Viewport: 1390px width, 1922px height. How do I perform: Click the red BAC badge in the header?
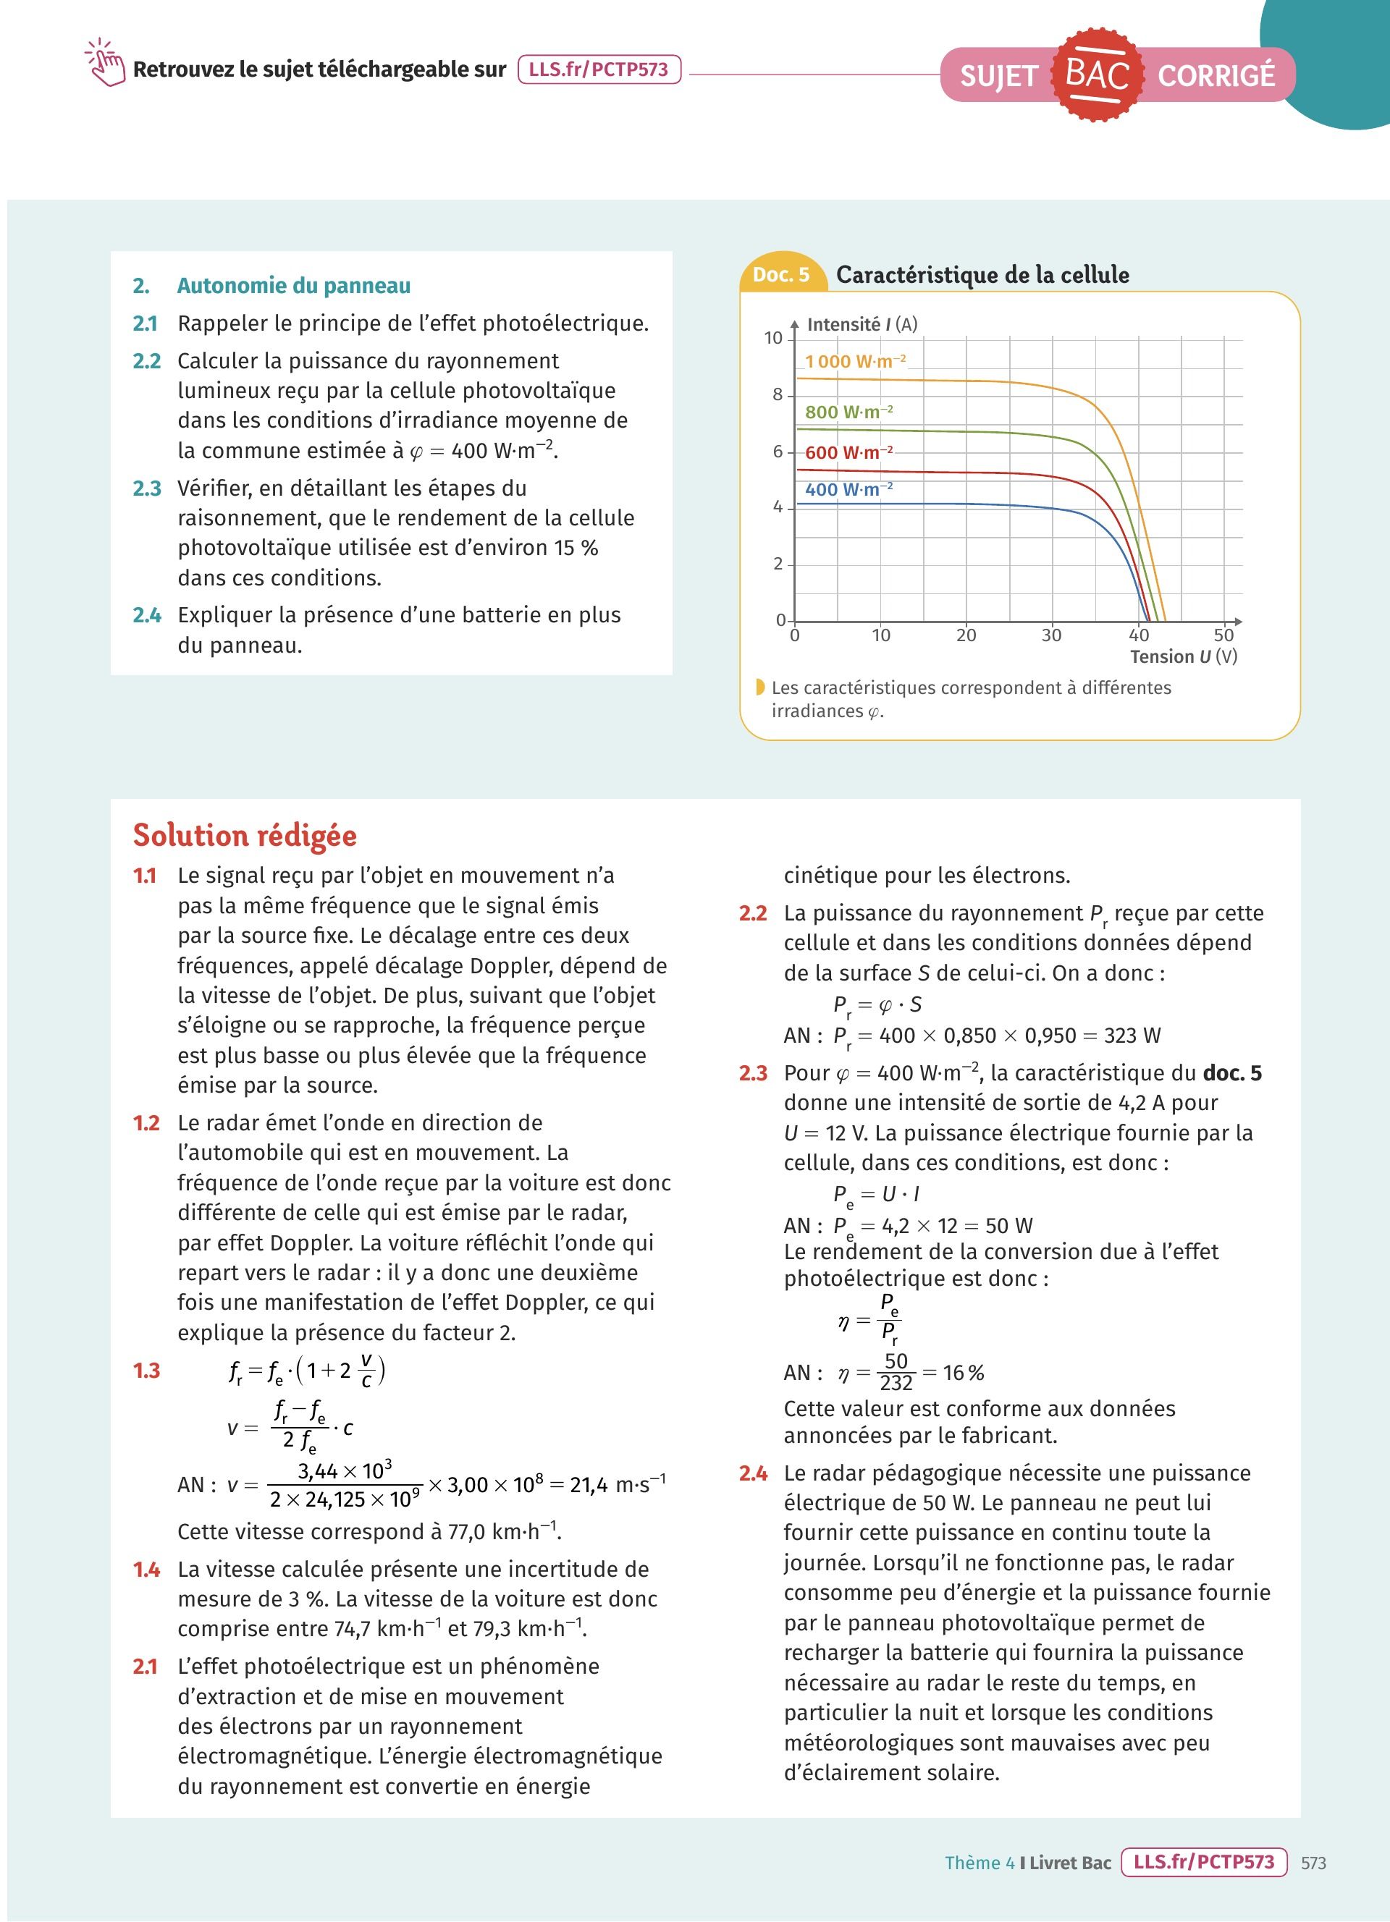1097,75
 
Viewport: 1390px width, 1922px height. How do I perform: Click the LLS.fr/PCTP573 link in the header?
599,69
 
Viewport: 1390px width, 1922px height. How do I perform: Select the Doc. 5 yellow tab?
780,274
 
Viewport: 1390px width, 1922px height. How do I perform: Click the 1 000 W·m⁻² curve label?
855,362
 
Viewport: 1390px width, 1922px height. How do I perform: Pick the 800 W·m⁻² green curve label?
848,412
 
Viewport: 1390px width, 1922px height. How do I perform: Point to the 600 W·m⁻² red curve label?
848,452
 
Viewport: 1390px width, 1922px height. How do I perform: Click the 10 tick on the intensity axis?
773,338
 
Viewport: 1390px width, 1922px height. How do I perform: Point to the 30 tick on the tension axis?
1051,635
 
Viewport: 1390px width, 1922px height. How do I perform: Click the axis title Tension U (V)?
1183,657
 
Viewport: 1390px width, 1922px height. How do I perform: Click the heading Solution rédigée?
245,836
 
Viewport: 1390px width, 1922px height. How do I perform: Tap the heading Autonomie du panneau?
293,286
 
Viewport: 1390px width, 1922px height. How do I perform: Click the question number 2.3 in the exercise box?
147,488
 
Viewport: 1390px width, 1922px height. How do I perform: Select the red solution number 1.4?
147,1570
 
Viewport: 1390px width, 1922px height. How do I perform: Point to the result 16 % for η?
964,1372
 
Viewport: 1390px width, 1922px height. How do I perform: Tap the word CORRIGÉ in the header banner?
1216,75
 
